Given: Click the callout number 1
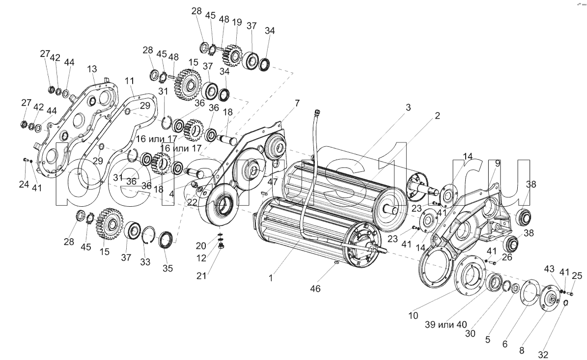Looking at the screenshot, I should (x=270, y=278).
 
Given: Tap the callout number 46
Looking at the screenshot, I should (x=315, y=289).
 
